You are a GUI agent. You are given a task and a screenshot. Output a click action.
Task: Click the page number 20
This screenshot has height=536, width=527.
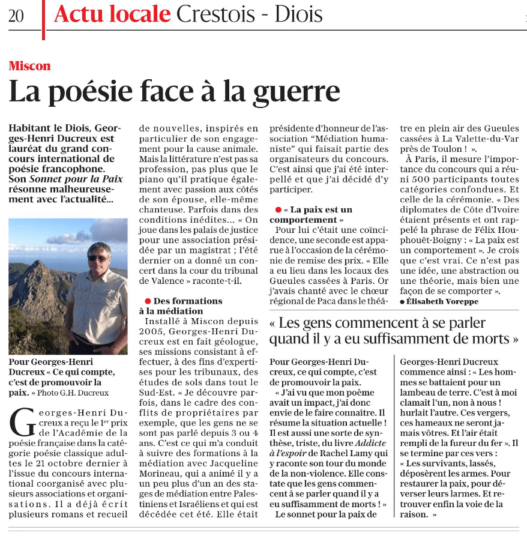click(x=16, y=16)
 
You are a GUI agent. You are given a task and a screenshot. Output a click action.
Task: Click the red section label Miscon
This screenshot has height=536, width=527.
click(x=29, y=66)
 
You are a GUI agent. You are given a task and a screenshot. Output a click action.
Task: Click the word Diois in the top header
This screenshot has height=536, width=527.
click(x=298, y=14)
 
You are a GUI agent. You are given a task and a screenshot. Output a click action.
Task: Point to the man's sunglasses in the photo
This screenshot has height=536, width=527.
click(x=98, y=258)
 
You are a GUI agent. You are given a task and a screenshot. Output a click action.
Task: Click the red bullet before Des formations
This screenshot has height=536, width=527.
click(x=147, y=301)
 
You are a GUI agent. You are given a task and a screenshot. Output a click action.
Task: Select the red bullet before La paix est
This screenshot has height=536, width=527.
click(x=278, y=209)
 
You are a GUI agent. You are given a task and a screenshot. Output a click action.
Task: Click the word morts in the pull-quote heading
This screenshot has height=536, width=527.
click(x=492, y=339)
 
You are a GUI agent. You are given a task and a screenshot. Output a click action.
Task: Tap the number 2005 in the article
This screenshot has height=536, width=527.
click(x=152, y=331)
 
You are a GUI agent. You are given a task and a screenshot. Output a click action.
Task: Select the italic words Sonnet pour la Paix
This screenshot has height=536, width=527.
click(x=76, y=179)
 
